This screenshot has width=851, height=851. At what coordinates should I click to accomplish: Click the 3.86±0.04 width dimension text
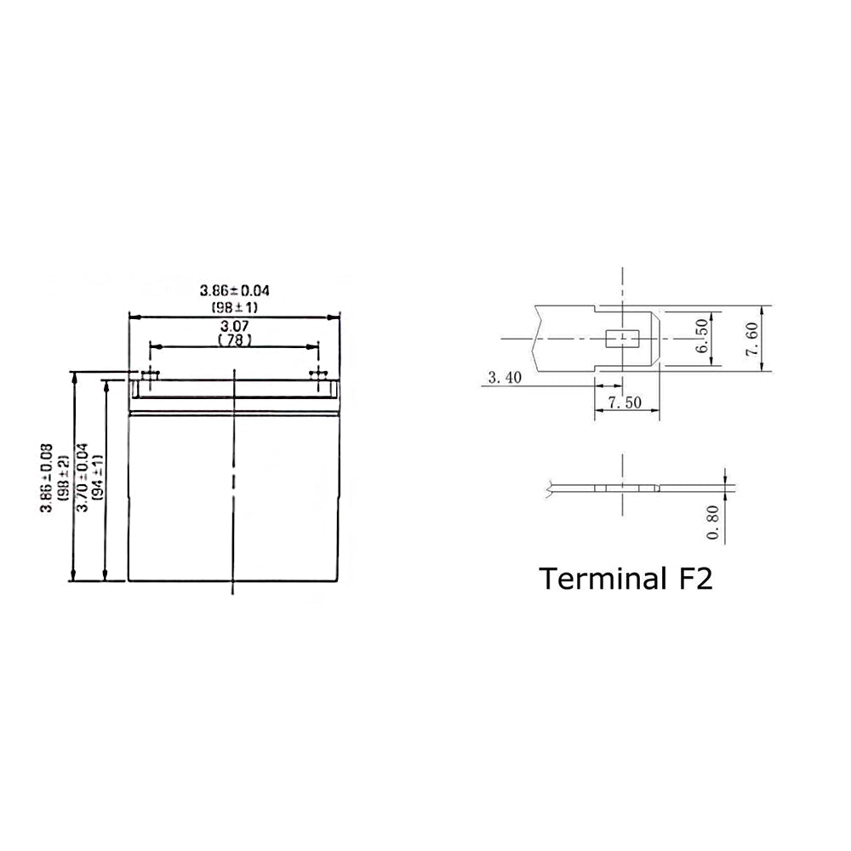(235, 291)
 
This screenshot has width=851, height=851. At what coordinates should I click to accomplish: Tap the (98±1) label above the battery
(235, 307)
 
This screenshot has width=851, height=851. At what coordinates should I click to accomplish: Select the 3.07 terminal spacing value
(235, 326)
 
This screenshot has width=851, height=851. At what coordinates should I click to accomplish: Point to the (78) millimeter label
(235, 340)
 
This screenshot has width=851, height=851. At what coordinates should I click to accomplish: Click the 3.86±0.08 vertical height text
(47, 478)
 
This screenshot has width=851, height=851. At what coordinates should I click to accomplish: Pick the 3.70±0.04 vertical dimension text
(82, 477)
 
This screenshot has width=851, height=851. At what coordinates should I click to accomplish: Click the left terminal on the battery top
(150, 374)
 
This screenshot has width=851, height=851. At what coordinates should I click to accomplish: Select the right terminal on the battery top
(318, 374)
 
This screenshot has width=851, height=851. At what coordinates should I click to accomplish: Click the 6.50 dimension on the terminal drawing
(702, 335)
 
